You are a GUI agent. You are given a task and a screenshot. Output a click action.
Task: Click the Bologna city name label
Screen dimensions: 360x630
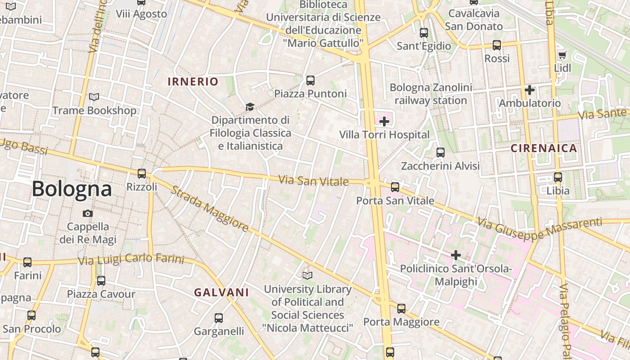(72, 189)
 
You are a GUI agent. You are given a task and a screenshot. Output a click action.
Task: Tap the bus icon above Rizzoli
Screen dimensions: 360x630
(142, 173)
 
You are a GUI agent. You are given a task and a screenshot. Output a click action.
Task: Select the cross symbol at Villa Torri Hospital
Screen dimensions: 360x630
(384, 121)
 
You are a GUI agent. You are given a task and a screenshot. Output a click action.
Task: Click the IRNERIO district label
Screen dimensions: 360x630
(193, 81)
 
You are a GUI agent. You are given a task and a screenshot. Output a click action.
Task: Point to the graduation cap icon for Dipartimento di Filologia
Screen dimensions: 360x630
(250, 107)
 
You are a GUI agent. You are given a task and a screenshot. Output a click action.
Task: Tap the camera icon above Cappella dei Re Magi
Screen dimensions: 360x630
(88, 213)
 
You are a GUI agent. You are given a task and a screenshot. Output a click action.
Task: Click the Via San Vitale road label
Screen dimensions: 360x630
(314, 181)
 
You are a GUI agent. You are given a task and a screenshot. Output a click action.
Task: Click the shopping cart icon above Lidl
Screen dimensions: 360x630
(562, 55)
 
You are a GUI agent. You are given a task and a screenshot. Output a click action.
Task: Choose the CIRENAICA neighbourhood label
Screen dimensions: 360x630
(544, 148)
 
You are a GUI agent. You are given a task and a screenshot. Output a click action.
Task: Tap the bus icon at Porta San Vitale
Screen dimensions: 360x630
(395, 187)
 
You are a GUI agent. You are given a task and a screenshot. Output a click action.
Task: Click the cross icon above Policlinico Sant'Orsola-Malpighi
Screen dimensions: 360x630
(456, 255)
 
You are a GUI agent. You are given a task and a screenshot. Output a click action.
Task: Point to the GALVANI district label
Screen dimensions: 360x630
(221, 292)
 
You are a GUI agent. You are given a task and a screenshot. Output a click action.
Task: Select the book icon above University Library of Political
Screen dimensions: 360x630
(307, 275)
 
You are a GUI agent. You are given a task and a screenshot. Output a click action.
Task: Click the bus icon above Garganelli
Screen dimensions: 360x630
(219, 318)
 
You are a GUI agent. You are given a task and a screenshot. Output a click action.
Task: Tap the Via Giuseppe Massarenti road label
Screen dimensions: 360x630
(540, 229)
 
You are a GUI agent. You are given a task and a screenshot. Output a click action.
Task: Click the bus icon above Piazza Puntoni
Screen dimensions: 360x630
(310, 81)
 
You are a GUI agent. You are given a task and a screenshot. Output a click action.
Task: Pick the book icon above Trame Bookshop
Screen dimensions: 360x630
(94, 97)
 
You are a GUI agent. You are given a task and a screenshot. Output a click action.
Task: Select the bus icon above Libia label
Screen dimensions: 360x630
(558, 177)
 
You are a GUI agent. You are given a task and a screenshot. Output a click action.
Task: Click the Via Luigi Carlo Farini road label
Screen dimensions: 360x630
(131, 260)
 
